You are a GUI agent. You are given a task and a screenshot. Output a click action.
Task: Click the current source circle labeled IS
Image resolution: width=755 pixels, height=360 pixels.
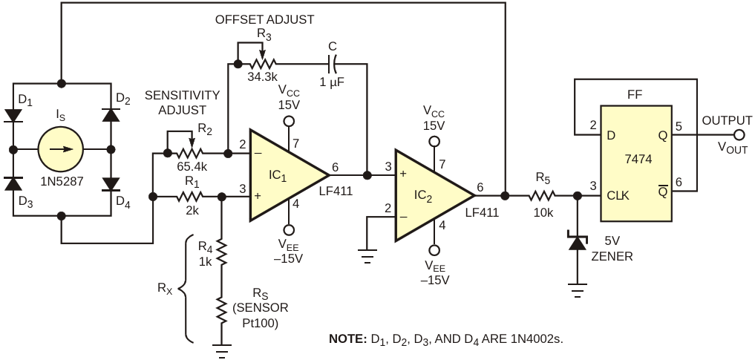pyautogui.click(x=61, y=149)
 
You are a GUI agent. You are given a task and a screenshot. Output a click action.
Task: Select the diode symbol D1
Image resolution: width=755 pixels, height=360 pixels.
pyautogui.click(x=13, y=116)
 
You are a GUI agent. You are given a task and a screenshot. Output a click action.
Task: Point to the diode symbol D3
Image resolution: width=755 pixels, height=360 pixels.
pyautogui.click(x=13, y=184)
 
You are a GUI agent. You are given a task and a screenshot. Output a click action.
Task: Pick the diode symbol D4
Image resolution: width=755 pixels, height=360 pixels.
pyautogui.click(x=111, y=184)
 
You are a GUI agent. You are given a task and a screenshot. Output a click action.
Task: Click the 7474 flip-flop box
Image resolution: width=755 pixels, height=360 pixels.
pyautogui.click(x=635, y=163)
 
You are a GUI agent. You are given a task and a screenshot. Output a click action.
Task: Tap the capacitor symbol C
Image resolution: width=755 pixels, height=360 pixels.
pyautogui.click(x=333, y=63)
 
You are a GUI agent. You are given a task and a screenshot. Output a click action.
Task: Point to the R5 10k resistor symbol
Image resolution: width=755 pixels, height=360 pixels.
pyautogui.click(x=542, y=195)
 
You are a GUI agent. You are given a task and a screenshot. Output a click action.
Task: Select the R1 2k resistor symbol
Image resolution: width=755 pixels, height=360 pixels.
pyautogui.click(x=190, y=197)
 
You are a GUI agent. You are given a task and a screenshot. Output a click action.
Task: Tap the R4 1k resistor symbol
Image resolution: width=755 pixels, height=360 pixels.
pyautogui.click(x=221, y=252)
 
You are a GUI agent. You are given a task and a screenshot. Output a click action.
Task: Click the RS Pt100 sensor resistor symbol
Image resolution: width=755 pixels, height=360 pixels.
pyautogui.click(x=221, y=311)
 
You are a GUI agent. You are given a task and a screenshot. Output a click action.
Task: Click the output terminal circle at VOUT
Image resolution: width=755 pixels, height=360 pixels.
pyautogui.click(x=739, y=136)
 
